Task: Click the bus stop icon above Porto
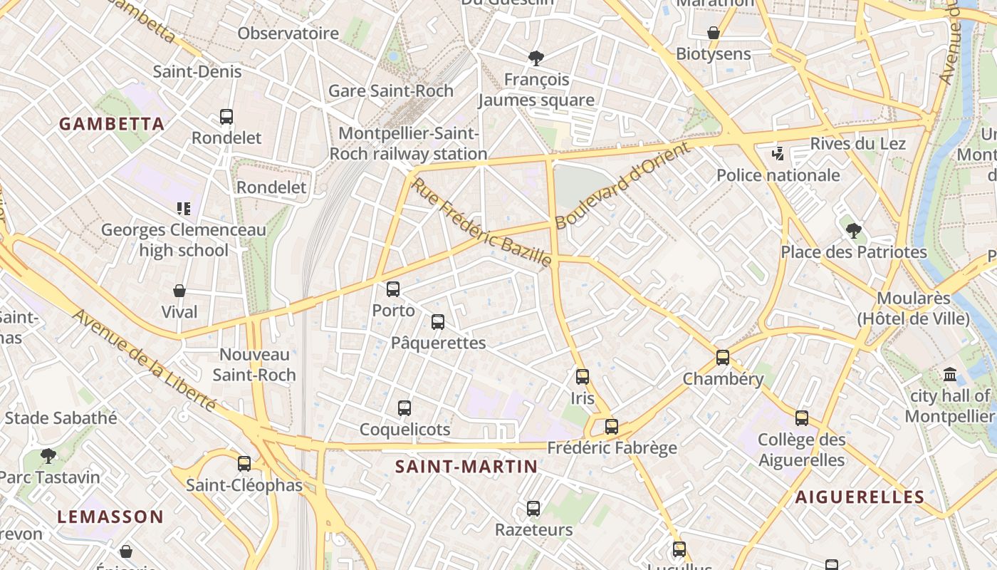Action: click(x=392, y=289)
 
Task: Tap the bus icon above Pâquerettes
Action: click(x=438, y=322)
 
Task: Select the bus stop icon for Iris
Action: click(x=583, y=377)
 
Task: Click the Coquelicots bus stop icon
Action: click(x=404, y=408)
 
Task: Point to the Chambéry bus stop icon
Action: click(x=723, y=358)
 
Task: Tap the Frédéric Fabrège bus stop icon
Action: click(x=611, y=427)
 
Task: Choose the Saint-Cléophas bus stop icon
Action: click(x=244, y=464)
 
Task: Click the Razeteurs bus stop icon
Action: click(x=533, y=509)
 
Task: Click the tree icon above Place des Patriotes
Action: click(x=854, y=231)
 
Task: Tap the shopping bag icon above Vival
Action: click(x=179, y=291)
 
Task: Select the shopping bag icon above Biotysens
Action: click(x=714, y=33)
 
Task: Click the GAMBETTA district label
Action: click(x=112, y=124)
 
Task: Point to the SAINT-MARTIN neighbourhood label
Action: click(x=466, y=467)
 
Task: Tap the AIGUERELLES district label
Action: click(x=860, y=497)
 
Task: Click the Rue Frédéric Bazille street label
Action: click(x=482, y=222)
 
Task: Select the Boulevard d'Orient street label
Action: click(x=622, y=185)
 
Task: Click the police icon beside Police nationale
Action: click(x=778, y=153)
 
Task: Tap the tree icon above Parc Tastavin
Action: click(x=48, y=455)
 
